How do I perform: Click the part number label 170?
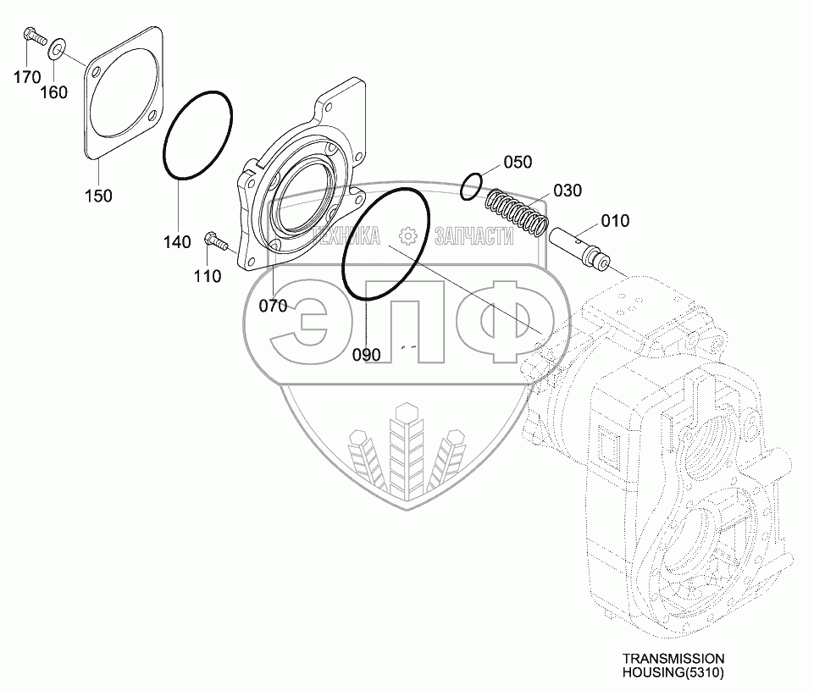point(26,77)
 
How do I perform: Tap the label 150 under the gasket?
point(99,196)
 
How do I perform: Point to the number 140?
point(177,242)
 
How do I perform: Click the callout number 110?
point(208,275)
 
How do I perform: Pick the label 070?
point(273,306)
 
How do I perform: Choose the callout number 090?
point(367,354)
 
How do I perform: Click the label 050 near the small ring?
point(518,162)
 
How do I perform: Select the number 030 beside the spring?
point(568,191)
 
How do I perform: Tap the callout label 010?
point(615,221)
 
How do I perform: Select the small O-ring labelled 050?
point(473,186)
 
